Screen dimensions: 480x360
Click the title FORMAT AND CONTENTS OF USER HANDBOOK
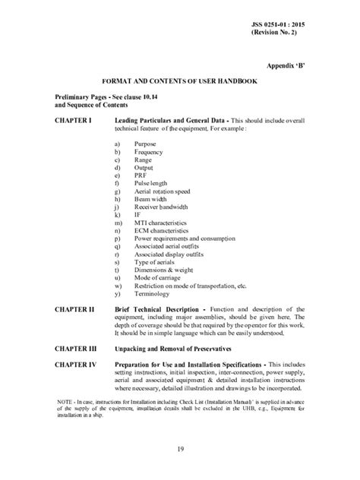(180, 81)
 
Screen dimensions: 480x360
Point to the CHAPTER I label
(74, 121)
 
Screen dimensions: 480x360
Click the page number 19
(180, 449)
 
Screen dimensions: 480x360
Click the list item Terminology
(153, 294)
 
